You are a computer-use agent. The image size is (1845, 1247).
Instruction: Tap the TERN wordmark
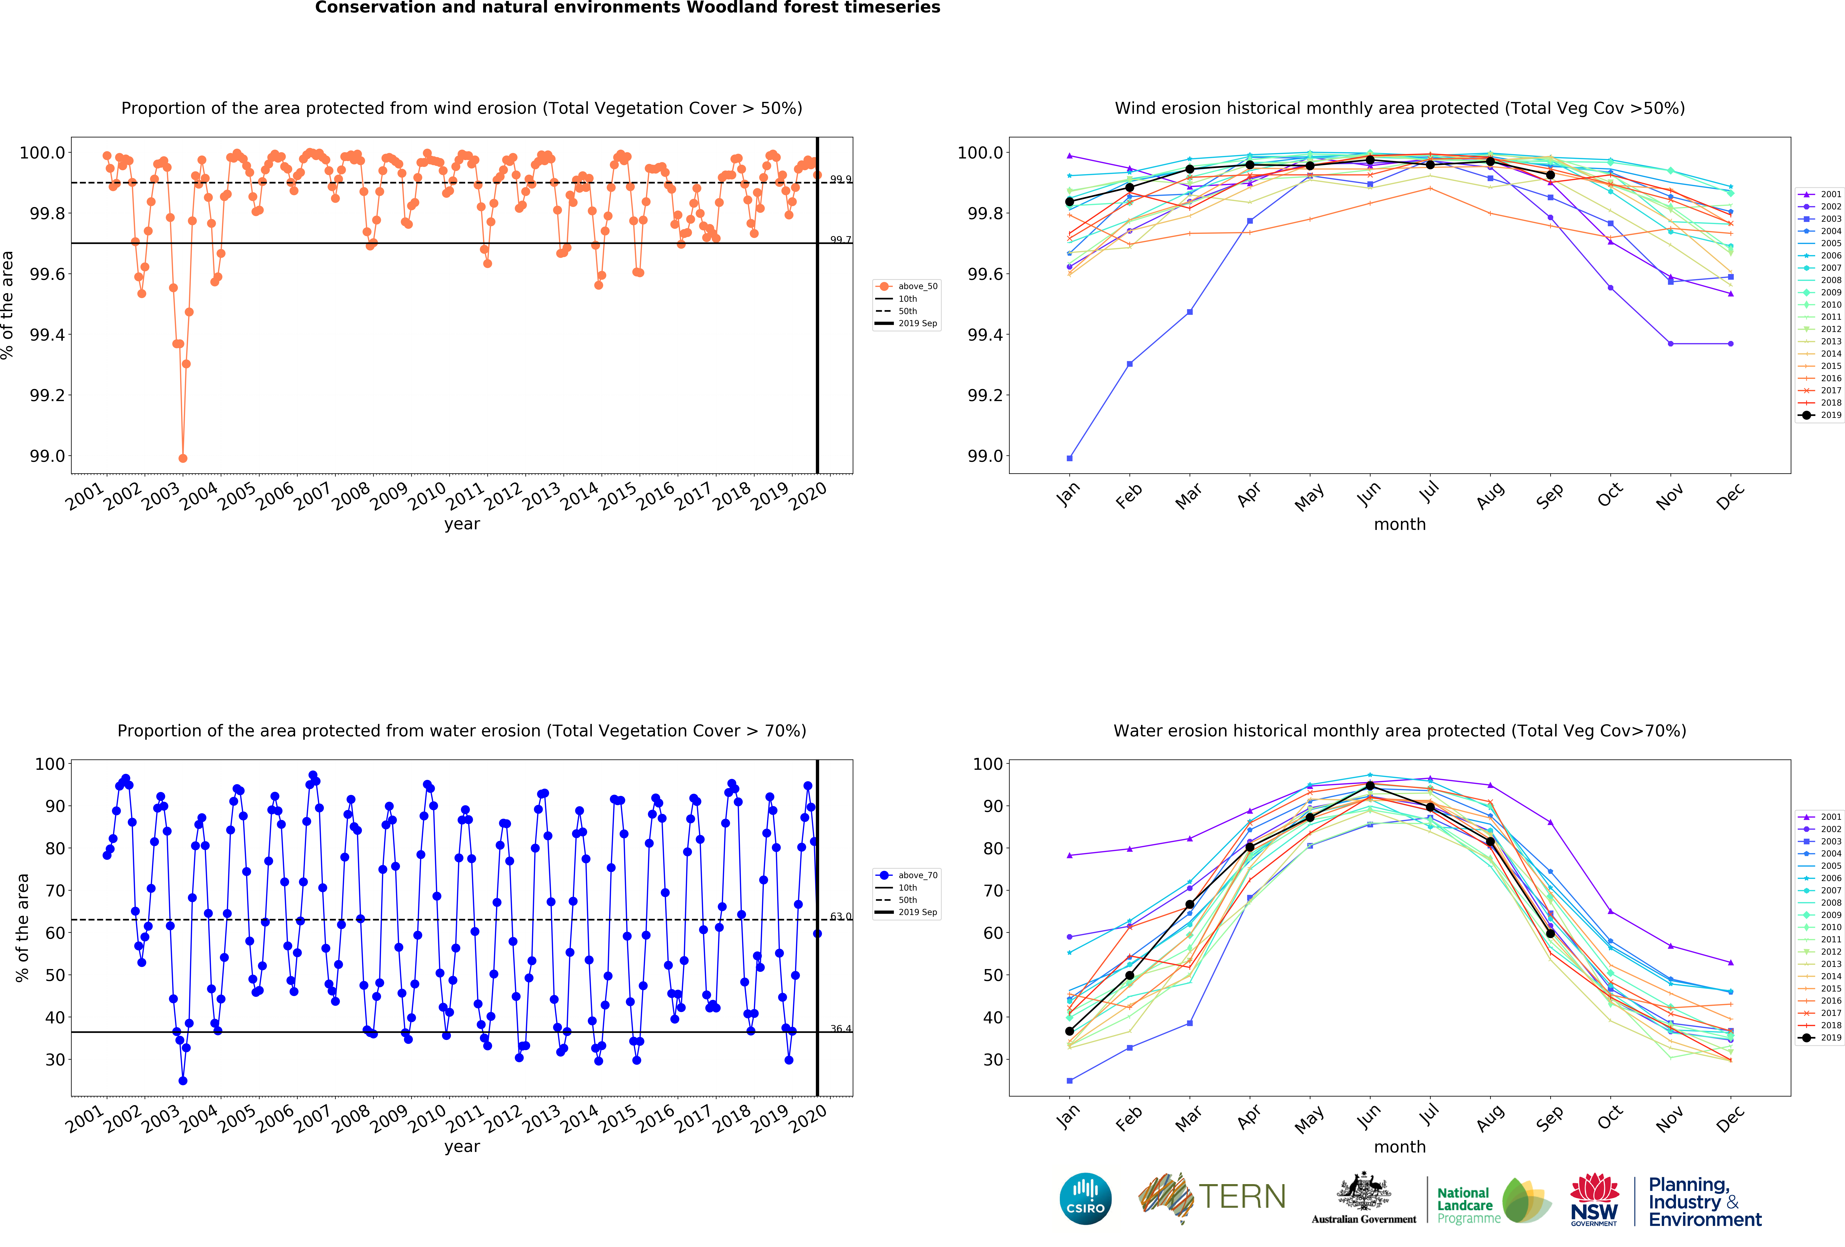(x=1242, y=1196)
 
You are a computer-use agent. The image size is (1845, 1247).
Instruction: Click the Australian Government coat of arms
(x=1363, y=1191)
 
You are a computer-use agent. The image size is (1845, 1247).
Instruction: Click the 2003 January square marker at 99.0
(x=1069, y=458)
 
